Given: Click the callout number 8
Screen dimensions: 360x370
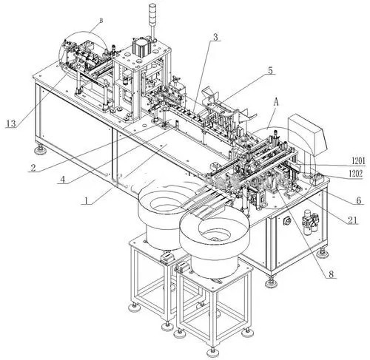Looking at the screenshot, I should (330, 274).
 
